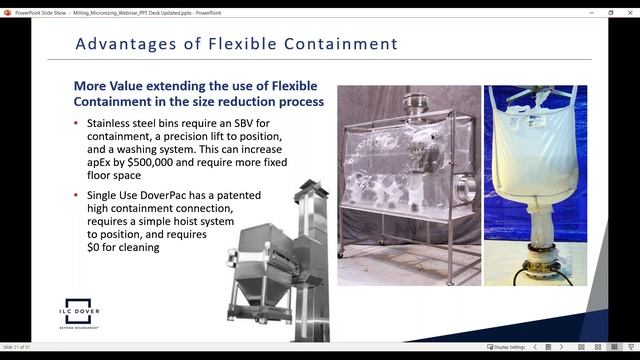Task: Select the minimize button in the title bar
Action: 582,12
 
